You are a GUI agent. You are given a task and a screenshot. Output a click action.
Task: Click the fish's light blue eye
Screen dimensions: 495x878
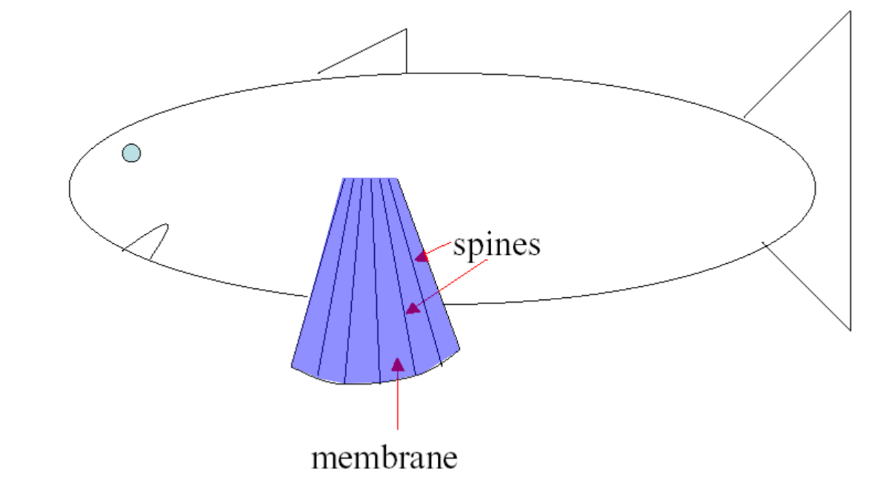tap(131, 153)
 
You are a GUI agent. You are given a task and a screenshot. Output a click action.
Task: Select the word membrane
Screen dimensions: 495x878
tap(384, 457)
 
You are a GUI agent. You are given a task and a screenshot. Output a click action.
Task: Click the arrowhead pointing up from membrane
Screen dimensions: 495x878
tap(398, 364)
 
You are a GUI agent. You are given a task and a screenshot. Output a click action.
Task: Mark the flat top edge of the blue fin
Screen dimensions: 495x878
tap(370, 179)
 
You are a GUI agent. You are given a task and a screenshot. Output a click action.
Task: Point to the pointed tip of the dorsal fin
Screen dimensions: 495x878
tap(405, 30)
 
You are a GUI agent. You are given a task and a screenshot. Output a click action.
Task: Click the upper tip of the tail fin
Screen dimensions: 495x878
tap(849, 13)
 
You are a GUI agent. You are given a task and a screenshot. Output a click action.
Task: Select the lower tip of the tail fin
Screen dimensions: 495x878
tap(849, 329)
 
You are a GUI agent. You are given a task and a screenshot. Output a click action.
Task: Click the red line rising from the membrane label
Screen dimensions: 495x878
tap(398, 400)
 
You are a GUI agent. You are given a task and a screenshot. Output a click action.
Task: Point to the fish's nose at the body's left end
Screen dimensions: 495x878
tap(70, 187)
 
